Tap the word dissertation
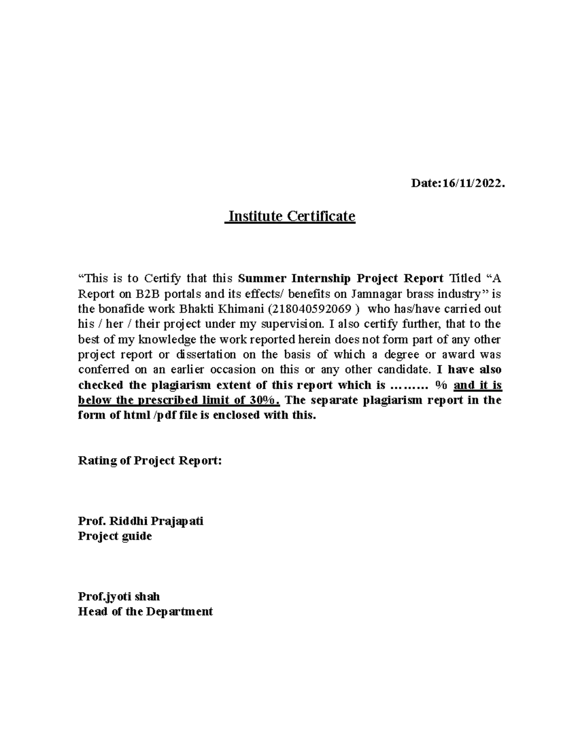(206, 354)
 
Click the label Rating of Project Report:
(150, 461)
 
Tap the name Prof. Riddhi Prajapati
(141, 521)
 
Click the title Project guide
(115, 536)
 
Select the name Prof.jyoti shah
(118, 596)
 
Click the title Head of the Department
(145, 612)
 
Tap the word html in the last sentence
(134, 415)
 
